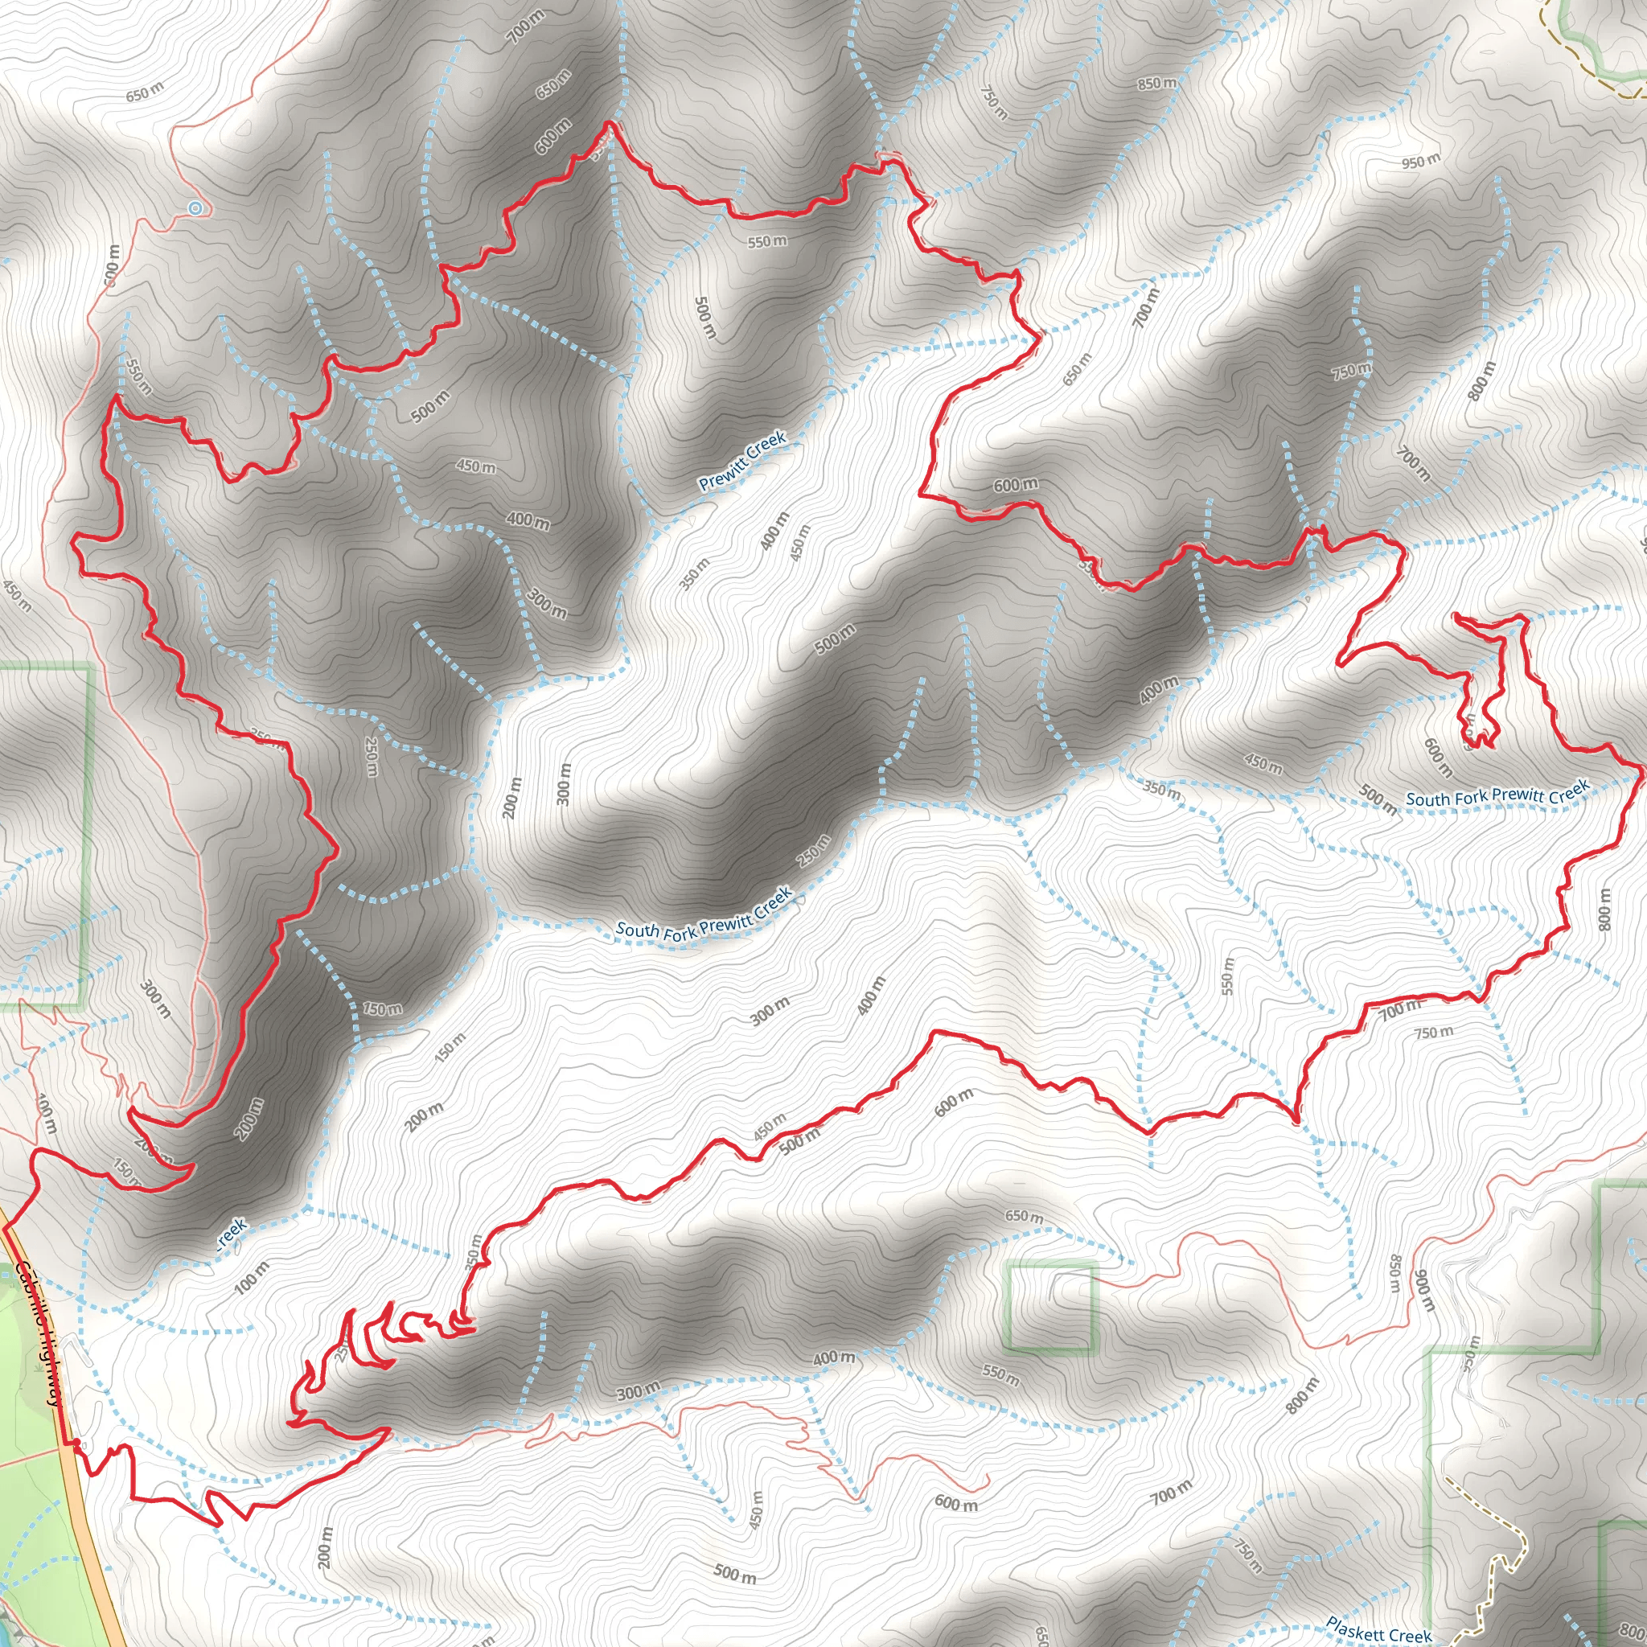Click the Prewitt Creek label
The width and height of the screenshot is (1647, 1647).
tap(741, 461)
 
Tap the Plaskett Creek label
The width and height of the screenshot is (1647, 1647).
tap(1378, 1629)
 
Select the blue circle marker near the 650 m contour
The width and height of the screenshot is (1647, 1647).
tap(195, 208)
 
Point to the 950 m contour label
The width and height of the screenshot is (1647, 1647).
tap(1420, 160)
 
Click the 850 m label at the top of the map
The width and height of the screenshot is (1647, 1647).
tap(1156, 84)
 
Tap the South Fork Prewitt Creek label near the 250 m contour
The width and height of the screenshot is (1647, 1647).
tap(704, 914)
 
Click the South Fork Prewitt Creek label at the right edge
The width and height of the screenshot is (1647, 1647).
tap(1497, 794)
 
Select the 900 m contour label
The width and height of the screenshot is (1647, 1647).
tap(1424, 1291)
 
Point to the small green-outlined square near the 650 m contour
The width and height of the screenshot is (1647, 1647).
tap(1050, 1308)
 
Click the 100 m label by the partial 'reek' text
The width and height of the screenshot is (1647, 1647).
tap(252, 1277)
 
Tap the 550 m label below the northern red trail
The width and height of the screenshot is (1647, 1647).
tap(767, 241)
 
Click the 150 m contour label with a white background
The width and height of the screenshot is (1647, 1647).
tap(382, 1008)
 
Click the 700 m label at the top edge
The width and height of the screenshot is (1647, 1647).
tap(524, 27)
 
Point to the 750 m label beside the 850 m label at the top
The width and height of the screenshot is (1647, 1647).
tap(994, 102)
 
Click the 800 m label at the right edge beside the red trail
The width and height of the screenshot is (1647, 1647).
tap(1605, 909)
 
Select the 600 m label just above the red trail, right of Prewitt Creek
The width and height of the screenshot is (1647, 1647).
tap(1016, 484)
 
